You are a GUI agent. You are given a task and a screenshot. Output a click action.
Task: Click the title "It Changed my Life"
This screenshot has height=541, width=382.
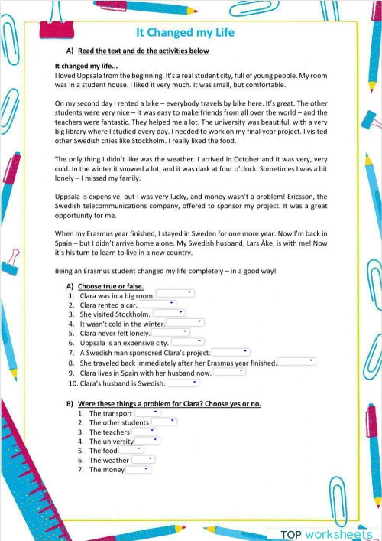coord(185,33)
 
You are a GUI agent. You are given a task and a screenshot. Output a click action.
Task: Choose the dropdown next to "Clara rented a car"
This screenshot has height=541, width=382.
coord(157,305)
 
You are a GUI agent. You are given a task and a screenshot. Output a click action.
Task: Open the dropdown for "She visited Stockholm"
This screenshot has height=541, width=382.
coord(169,314)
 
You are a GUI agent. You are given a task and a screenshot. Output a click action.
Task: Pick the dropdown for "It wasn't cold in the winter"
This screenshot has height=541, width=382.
coord(184,324)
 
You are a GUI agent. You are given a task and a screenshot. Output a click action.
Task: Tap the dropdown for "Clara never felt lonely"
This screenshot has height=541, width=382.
coord(170,333)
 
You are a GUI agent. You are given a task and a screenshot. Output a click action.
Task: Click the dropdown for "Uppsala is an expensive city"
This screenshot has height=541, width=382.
coord(187,343)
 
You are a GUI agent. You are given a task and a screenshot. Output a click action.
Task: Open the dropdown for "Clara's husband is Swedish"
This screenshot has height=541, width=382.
coord(183,383)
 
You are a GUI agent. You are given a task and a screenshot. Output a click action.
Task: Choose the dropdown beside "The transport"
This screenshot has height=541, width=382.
coord(147,413)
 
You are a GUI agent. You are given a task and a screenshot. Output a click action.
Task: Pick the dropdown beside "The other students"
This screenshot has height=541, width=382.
coord(163,422)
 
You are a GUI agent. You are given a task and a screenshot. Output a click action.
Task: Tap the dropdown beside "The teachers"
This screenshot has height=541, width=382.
coord(143,432)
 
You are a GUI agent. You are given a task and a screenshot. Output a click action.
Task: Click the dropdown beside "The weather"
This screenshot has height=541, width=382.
coord(142,460)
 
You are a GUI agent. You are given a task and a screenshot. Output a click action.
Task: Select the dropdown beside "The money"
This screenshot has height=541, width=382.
coord(138,470)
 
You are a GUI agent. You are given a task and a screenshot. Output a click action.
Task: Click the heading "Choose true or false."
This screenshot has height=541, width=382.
coord(111,285)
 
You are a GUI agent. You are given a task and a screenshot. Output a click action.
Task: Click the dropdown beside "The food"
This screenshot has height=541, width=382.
coord(131,451)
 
